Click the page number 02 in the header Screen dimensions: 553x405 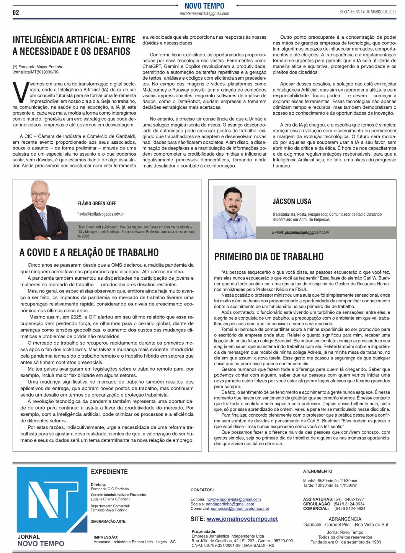tap(16, 13)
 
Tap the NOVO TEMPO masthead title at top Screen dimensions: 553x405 tap(204, 6)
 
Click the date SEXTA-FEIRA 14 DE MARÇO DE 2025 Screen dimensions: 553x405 tap(367, 12)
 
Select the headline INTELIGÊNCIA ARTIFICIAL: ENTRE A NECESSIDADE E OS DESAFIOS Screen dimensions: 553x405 tap(74, 45)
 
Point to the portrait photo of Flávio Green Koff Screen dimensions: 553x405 tap(43, 205)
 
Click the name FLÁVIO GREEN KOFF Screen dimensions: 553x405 tap(96, 203)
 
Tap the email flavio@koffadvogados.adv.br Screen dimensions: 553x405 tap(100, 214)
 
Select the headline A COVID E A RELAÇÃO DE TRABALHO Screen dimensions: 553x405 tap(89, 252)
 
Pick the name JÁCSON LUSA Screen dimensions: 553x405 tap(292, 202)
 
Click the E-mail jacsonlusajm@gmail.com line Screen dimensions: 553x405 tap(300, 232)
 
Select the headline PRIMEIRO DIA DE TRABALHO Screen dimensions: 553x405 tap(269, 257)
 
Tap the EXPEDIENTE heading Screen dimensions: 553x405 tap(109, 472)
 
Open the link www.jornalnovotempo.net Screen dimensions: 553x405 tap(242, 519)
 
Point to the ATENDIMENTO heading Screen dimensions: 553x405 tap(317, 471)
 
